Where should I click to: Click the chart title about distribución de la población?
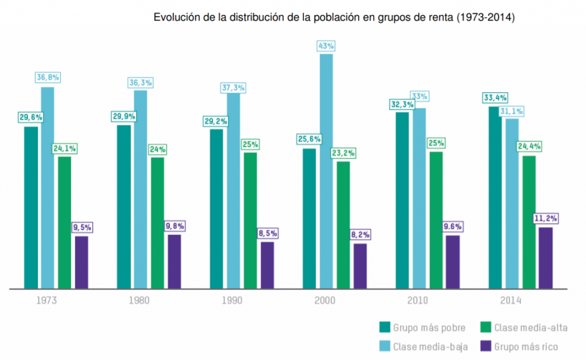pyautogui.click(x=335, y=18)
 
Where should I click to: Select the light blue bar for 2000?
pyautogui.click(x=326, y=171)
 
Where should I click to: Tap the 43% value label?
pyautogui.click(x=326, y=46)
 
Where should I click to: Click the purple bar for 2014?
pyautogui.click(x=546, y=258)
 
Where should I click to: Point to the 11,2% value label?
pyautogui.click(x=546, y=219)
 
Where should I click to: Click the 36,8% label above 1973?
pyautogui.click(x=47, y=78)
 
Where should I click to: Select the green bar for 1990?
pyautogui.click(x=250, y=220)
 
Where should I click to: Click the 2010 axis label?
pyautogui.click(x=417, y=300)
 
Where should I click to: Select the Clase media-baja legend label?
pyautogui.click(x=430, y=346)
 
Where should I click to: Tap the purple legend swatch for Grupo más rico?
pyautogui.click(x=485, y=346)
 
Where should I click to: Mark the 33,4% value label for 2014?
pyautogui.click(x=496, y=98)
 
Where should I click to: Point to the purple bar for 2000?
pyautogui.click(x=360, y=266)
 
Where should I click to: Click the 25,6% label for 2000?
pyautogui.click(x=310, y=139)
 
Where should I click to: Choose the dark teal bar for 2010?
pyautogui.click(x=402, y=200)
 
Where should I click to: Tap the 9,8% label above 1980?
pyautogui.click(x=175, y=226)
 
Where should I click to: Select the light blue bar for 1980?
pyautogui.click(x=140, y=189)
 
